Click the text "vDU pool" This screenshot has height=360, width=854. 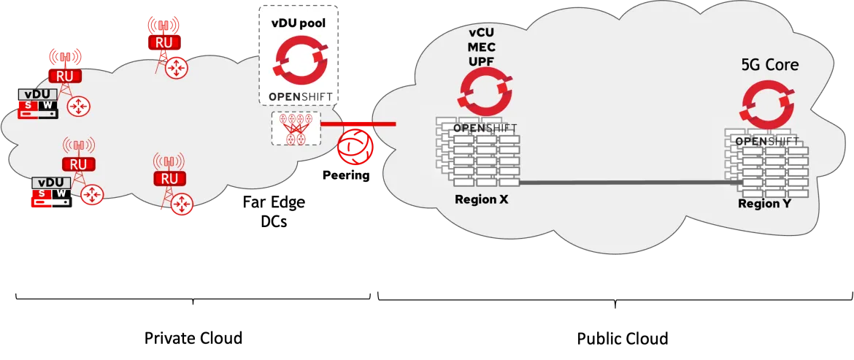[x=299, y=23]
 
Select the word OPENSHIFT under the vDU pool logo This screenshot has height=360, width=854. [x=299, y=96]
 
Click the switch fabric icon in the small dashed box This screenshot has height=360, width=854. [x=296, y=128]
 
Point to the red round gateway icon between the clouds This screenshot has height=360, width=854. [x=355, y=145]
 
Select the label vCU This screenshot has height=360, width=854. [x=482, y=34]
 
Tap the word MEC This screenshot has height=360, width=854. [x=482, y=47]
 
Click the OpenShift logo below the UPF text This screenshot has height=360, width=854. [x=484, y=94]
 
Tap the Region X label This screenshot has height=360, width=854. [x=481, y=199]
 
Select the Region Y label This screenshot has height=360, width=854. [x=763, y=204]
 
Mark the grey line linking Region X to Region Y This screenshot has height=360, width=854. [x=628, y=183]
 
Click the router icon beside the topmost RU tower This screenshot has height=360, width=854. [x=176, y=69]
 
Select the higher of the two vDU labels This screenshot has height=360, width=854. [x=39, y=94]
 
